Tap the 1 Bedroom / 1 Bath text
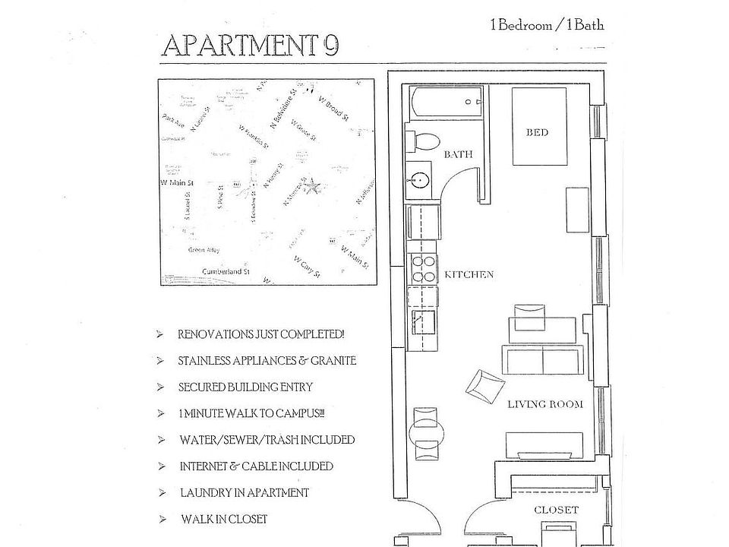(548, 24)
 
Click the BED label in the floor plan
(537, 133)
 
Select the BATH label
(458, 154)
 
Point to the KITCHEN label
(469, 275)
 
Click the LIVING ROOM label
(545, 404)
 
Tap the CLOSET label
(557, 511)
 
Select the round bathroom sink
(420, 181)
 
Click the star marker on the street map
(310, 184)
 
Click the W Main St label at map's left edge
(177, 183)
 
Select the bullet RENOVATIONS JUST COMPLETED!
(261, 334)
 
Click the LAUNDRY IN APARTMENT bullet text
(244, 493)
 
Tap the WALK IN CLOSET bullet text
(223, 520)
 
